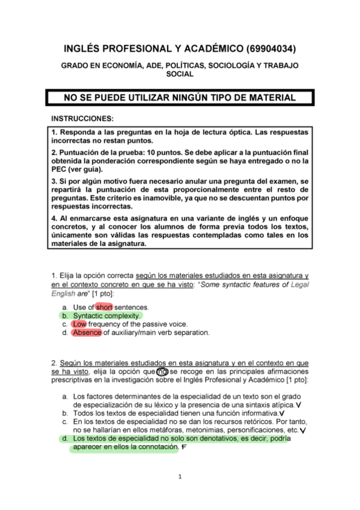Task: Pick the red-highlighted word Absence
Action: [87, 333]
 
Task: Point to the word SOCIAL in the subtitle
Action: [180, 74]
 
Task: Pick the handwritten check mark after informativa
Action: [282, 414]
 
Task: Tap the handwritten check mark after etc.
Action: [303, 431]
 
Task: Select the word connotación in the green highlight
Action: [156, 448]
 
